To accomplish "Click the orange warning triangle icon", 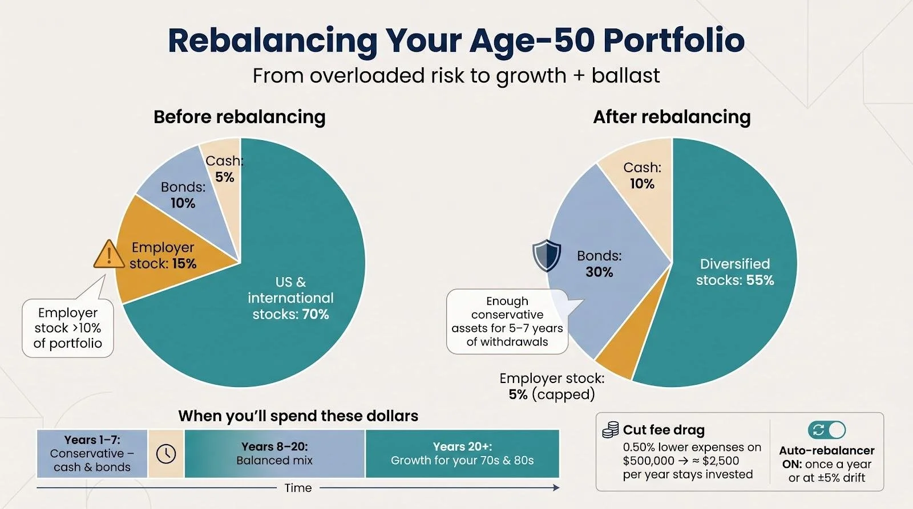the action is coord(109,254).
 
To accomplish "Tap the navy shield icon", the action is coord(547,255).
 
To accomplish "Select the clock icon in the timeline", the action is coord(166,454).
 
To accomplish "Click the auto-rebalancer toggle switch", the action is coord(827,430).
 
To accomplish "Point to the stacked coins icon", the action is coord(610,430).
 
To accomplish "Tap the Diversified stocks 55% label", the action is coord(735,272).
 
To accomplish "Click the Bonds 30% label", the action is coord(599,264).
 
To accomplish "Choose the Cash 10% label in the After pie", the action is coord(643,176).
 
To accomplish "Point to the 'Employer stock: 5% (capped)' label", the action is coord(552,386).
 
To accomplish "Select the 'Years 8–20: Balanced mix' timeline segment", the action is coord(274,454).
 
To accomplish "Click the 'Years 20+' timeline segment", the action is coord(462,454).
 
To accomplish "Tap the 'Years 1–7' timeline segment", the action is coord(92,454).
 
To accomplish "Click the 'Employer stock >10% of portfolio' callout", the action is coord(68,328).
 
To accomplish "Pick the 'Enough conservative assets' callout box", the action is coord(507,321).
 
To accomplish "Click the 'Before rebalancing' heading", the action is coord(240,117).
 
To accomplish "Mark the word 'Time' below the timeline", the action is coord(298,488).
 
